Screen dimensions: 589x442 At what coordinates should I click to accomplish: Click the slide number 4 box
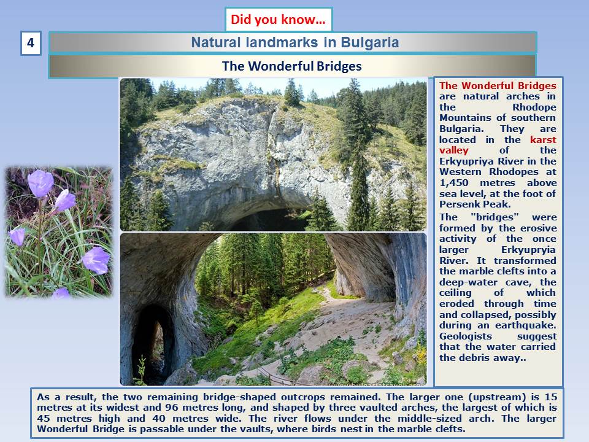(x=31, y=43)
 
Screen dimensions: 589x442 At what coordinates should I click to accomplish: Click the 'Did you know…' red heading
(x=278, y=20)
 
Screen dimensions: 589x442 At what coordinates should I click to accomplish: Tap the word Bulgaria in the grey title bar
(x=369, y=42)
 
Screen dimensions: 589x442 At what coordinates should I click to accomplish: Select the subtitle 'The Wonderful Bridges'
(x=292, y=66)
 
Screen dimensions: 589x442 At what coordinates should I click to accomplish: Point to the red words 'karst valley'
(x=498, y=145)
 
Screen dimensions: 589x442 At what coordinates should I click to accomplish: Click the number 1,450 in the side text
(x=454, y=183)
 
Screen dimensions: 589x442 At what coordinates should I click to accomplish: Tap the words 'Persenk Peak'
(x=474, y=204)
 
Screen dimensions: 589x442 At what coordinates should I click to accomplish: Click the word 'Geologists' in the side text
(x=466, y=336)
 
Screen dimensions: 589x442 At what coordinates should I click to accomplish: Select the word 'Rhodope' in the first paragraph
(x=534, y=107)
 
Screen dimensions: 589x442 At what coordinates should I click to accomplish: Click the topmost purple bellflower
(x=40, y=183)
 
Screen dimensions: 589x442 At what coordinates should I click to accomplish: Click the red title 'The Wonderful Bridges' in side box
(x=498, y=86)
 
